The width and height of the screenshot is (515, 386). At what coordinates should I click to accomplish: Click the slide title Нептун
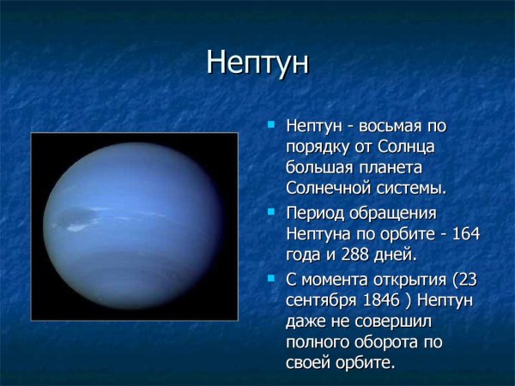[x=257, y=63]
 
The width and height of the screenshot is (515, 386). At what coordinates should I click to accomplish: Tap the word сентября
[x=324, y=300]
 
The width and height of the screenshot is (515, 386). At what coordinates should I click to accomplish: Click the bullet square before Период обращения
[x=271, y=210]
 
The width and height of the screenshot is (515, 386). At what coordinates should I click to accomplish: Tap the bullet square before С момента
[x=271, y=277]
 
